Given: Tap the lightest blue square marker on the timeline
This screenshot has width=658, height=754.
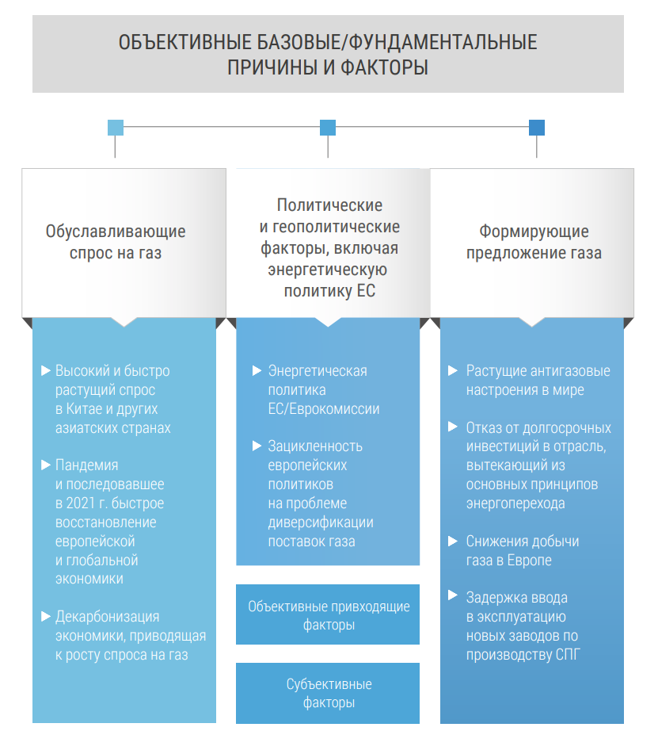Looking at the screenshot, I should [116, 128].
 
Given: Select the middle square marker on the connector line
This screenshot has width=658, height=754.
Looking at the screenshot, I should [328, 128].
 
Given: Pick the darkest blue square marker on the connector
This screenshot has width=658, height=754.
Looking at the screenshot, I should [537, 128].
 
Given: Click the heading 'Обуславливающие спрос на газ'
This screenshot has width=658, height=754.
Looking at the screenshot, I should [116, 243].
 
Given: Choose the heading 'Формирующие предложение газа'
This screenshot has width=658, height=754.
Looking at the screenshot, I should [534, 243].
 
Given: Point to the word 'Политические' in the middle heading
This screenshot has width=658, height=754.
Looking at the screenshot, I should [329, 205].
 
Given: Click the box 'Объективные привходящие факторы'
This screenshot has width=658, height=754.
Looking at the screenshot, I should [328, 615].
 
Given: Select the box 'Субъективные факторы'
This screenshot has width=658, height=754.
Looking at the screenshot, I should [328, 693].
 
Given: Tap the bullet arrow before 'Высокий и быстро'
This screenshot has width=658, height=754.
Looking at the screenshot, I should [45, 370].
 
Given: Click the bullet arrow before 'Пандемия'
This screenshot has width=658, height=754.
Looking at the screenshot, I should [45, 465].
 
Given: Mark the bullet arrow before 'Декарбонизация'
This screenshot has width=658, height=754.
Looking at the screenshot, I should [45, 616].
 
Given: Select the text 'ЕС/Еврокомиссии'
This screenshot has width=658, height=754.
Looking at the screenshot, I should [324, 409].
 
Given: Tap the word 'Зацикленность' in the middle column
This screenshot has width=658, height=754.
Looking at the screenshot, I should [315, 446].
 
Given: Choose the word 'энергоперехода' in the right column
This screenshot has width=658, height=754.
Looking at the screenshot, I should [515, 503].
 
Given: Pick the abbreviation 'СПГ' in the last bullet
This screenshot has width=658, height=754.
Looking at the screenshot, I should [557, 654].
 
